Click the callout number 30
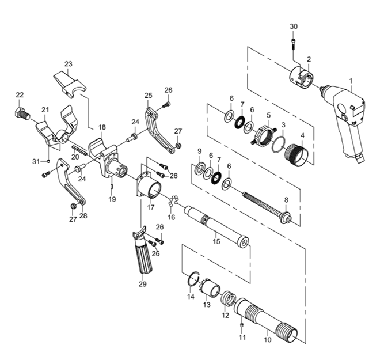[x=294, y=26]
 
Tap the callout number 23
[x=69, y=63]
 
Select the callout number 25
[x=148, y=95]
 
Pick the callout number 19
[x=112, y=199]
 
